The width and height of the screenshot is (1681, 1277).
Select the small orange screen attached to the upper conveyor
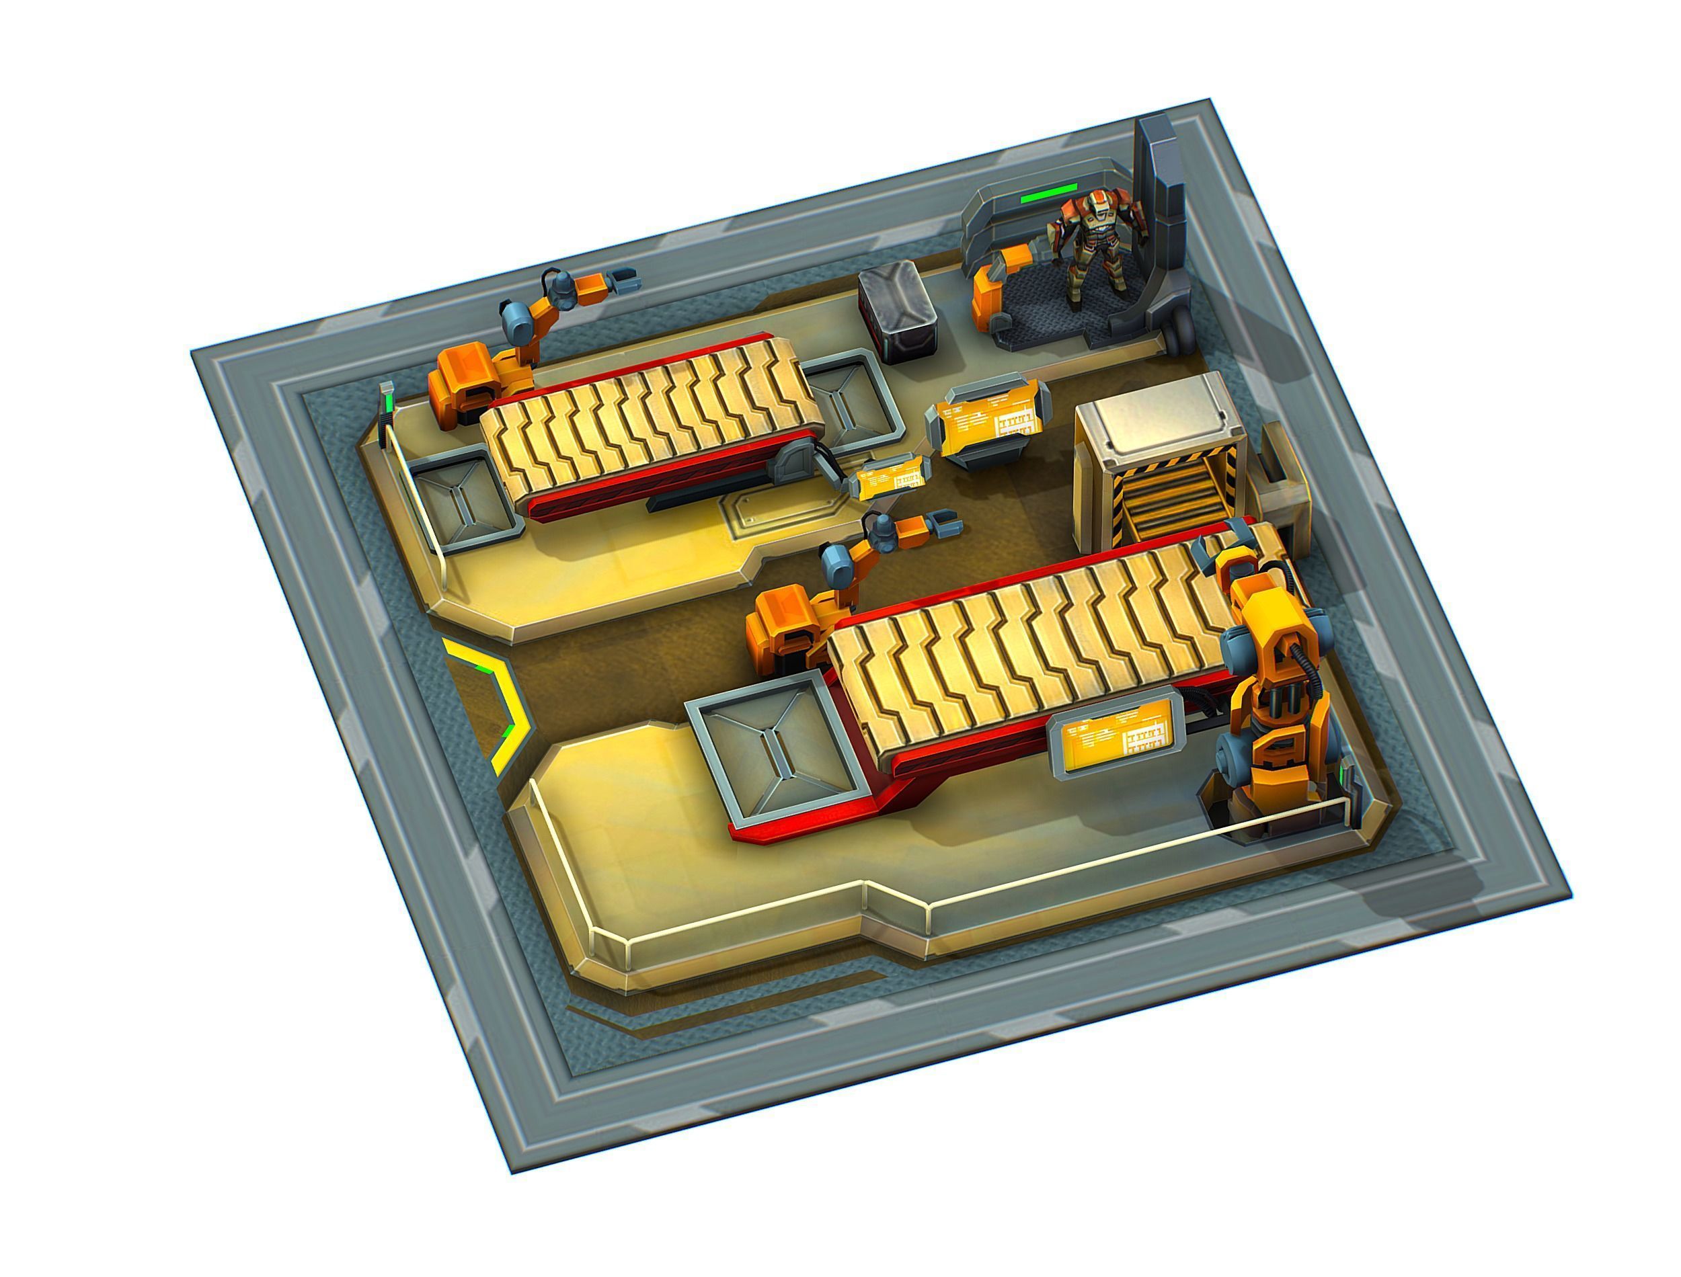(x=890, y=477)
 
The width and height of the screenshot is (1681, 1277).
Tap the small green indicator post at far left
(x=389, y=399)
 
